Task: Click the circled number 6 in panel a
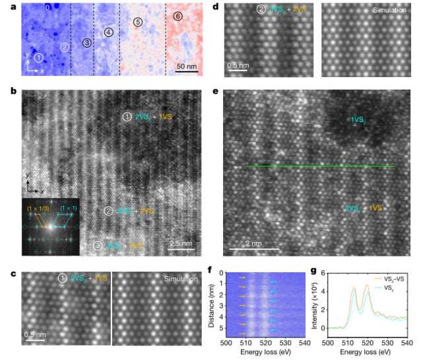pyautogui.click(x=177, y=15)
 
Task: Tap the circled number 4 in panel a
pyautogui.click(x=108, y=32)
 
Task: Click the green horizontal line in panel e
pyautogui.click(x=320, y=167)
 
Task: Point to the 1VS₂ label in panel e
pyautogui.click(x=358, y=119)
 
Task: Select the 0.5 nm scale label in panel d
pyautogui.click(x=238, y=65)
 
